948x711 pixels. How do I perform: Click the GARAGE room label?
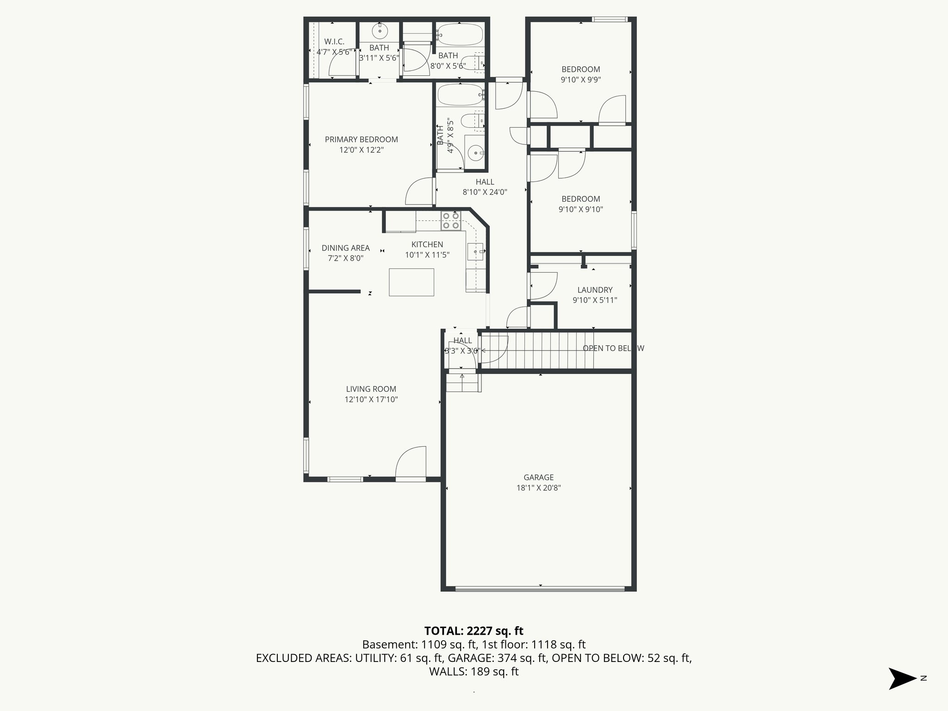pyautogui.click(x=538, y=477)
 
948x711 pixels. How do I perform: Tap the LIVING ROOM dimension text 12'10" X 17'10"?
pyautogui.click(x=371, y=399)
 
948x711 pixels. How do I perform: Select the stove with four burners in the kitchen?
pyautogui.click(x=450, y=221)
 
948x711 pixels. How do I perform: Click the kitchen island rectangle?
pyautogui.click(x=412, y=282)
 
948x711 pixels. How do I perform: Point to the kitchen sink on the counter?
pyautogui.click(x=476, y=252)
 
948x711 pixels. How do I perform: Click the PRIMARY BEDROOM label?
pyautogui.click(x=361, y=139)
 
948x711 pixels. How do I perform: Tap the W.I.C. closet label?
pyautogui.click(x=334, y=42)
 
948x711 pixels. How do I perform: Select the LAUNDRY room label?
pyautogui.click(x=595, y=290)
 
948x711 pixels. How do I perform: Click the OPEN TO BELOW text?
pyautogui.click(x=613, y=348)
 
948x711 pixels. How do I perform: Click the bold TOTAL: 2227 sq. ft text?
pyautogui.click(x=474, y=630)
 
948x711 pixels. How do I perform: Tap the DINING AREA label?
pyautogui.click(x=345, y=248)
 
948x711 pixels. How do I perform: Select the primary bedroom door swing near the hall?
pyautogui.click(x=419, y=192)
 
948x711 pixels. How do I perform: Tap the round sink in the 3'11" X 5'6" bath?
pyautogui.click(x=380, y=31)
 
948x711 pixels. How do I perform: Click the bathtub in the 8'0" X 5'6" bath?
pyautogui.click(x=460, y=34)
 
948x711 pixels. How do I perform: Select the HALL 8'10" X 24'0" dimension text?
pyautogui.click(x=485, y=192)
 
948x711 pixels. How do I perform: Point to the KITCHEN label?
pyautogui.click(x=427, y=244)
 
